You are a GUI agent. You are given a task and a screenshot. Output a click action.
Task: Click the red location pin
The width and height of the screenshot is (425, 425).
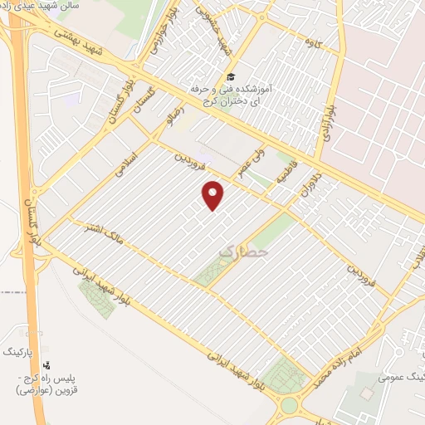[x=214, y=194]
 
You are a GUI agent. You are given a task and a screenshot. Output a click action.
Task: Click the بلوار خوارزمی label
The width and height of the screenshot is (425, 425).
[x=160, y=32]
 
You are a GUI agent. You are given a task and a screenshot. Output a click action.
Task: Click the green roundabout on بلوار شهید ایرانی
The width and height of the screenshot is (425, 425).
[x=290, y=405]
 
